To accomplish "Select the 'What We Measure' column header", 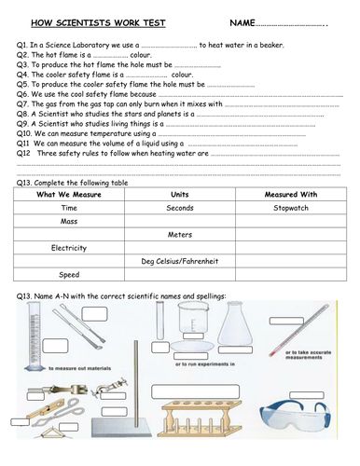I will click(68, 194).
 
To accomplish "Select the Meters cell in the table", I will click(180, 235).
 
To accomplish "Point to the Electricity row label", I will click(68, 248).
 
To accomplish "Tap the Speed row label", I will click(68, 275).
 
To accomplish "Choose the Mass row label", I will click(68, 221).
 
